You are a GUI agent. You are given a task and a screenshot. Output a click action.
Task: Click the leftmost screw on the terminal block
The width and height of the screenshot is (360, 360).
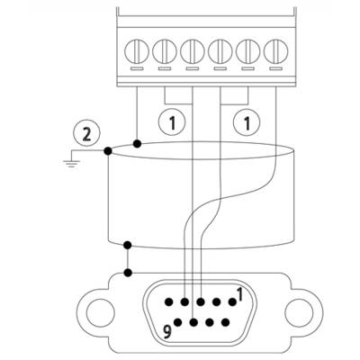[137, 51]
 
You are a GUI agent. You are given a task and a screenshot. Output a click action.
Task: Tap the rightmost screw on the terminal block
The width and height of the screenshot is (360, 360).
[275, 51]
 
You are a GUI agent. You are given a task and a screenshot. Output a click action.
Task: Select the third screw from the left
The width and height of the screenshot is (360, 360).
[193, 51]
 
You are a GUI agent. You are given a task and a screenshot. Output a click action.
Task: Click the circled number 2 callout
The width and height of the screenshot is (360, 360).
[87, 134]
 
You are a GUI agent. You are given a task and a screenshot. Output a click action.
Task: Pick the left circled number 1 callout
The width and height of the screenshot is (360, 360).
[172, 122]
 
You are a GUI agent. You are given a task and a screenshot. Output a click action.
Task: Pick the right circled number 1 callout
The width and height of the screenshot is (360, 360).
[247, 122]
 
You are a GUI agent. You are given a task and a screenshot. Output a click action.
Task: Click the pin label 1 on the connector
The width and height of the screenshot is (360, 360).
[239, 294]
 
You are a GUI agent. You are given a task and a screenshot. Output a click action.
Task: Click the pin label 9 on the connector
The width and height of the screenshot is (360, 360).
[167, 332]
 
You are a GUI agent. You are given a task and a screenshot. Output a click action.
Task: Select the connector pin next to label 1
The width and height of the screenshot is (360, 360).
[232, 301]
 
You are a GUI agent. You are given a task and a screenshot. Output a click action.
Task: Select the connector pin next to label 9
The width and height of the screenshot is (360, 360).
[178, 322]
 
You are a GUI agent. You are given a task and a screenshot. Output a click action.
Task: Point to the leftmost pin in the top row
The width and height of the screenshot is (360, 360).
[169, 301]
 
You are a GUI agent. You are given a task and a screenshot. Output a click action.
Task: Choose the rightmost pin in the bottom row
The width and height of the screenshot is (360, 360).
[225, 322]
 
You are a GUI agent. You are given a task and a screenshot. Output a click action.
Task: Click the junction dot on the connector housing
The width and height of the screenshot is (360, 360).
[128, 273]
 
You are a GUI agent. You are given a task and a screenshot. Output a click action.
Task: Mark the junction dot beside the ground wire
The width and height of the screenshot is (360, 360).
[108, 151]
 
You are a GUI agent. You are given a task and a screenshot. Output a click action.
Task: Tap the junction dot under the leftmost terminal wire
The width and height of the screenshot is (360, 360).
[137, 144]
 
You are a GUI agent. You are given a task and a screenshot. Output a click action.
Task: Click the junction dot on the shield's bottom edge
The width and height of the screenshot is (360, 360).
[128, 245]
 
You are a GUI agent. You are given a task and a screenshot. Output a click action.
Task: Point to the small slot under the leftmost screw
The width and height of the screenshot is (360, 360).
[137, 68]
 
